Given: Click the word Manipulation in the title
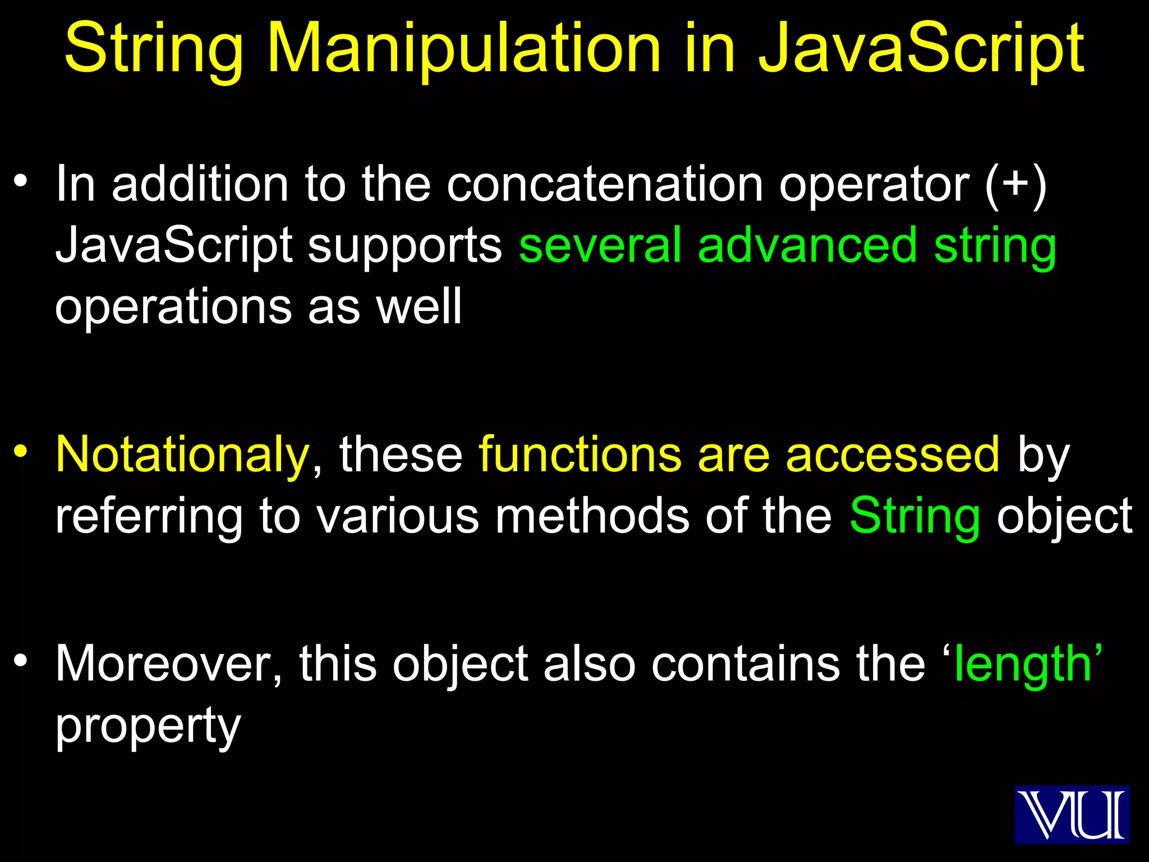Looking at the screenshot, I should [x=464, y=49].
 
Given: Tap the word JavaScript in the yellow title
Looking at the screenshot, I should [x=921, y=49].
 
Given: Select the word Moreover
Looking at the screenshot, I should [x=168, y=664].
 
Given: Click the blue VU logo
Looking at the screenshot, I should [x=1072, y=814].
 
